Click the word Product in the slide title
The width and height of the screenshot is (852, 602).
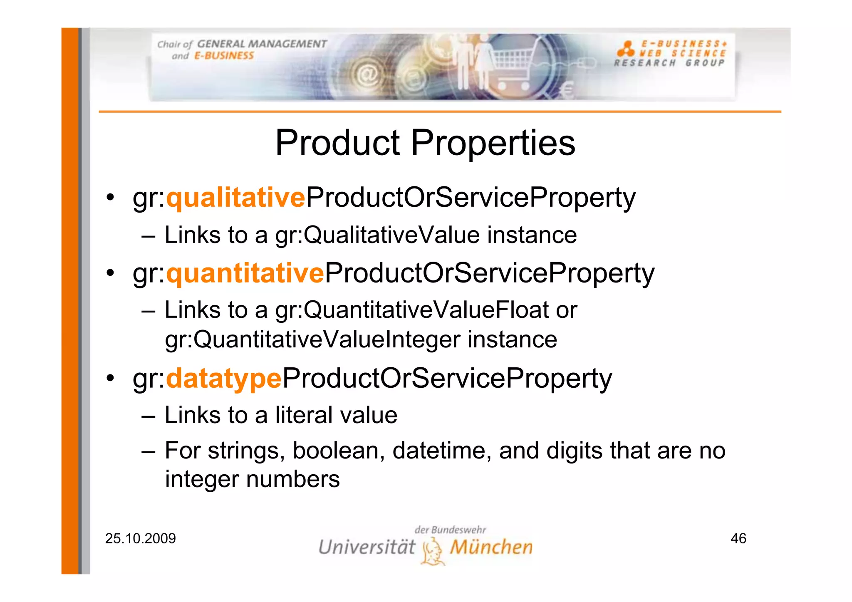[x=337, y=143]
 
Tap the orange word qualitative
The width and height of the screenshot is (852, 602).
[x=235, y=198]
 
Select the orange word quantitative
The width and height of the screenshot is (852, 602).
[x=245, y=273]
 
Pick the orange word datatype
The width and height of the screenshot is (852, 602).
[x=224, y=379]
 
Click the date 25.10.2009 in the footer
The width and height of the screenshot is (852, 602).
[x=140, y=538]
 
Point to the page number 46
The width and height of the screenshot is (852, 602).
[x=738, y=538]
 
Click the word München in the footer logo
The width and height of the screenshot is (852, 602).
[x=491, y=547]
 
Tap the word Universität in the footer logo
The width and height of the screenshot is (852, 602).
[x=367, y=547]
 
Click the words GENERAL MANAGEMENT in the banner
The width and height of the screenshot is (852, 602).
[x=262, y=44]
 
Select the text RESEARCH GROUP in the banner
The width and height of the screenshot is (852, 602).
[x=669, y=63]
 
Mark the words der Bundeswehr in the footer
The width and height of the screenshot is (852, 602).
[x=450, y=530]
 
